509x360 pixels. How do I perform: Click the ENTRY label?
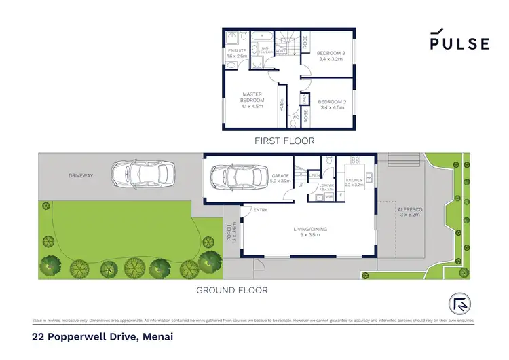click(x=260, y=210)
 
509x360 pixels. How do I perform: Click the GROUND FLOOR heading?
click(x=232, y=290)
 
